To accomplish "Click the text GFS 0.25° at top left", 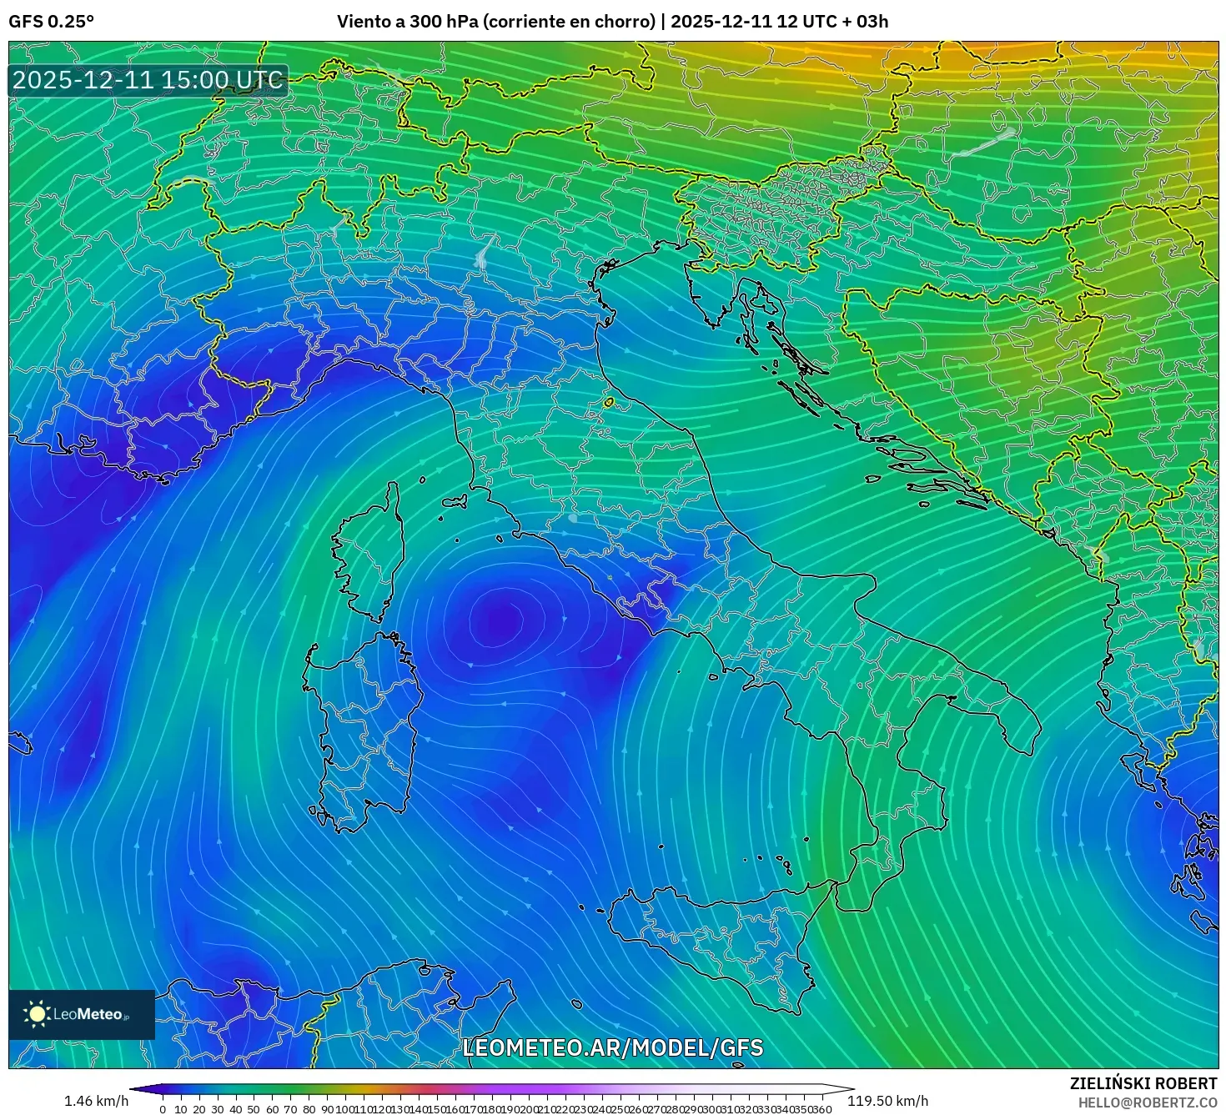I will click(x=51, y=22).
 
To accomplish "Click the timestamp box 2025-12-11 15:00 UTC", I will click(x=148, y=80).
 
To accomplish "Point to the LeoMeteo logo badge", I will click(x=82, y=1014).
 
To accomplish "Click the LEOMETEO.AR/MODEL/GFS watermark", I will click(x=612, y=1047).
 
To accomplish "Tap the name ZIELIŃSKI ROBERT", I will click(x=1143, y=1083).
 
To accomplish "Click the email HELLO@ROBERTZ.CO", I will click(x=1147, y=1102).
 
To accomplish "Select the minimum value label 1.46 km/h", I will click(x=96, y=1101).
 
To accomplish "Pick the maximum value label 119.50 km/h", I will click(x=888, y=1101).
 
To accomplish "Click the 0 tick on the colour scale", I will click(x=163, y=1109).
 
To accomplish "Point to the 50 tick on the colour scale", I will click(x=254, y=1109).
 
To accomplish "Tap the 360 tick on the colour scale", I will click(x=822, y=1109).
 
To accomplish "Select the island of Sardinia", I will click(x=363, y=726).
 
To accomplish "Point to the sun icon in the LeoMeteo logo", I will click(x=38, y=1014).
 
